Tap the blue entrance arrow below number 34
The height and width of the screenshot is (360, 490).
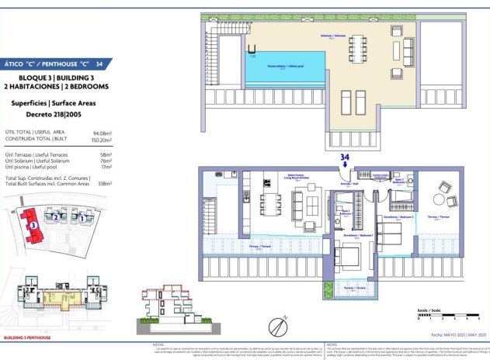[x=344, y=164]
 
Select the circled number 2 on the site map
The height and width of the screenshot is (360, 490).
[x=56, y=218]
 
